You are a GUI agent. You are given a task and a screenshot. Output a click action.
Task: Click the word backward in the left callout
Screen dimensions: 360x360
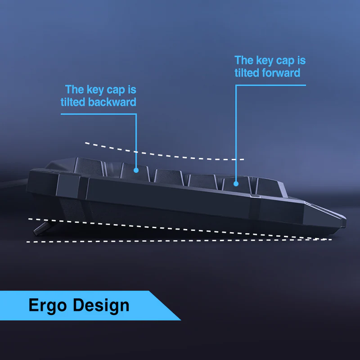point(112,102)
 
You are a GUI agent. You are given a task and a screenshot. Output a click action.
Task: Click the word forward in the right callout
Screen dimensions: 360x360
point(281,73)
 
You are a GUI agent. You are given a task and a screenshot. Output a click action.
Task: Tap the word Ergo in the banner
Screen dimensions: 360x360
point(48,306)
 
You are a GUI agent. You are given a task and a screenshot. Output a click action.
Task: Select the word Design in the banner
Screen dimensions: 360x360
point(101,306)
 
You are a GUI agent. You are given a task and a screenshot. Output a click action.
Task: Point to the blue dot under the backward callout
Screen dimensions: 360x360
point(136,171)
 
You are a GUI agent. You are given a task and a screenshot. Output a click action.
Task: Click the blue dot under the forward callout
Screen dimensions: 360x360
point(236,184)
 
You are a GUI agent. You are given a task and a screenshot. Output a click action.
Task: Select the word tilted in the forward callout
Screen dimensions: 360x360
point(247,73)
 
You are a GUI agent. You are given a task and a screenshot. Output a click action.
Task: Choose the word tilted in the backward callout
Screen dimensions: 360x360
point(73,102)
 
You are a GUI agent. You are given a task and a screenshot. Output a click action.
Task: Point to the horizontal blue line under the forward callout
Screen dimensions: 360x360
point(271,85)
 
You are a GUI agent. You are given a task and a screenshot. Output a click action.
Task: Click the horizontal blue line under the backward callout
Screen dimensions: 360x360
point(99,114)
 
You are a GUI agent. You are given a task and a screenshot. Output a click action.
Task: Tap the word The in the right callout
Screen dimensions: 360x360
point(244,60)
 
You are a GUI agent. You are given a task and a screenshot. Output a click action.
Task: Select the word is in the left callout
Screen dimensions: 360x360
point(132,90)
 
